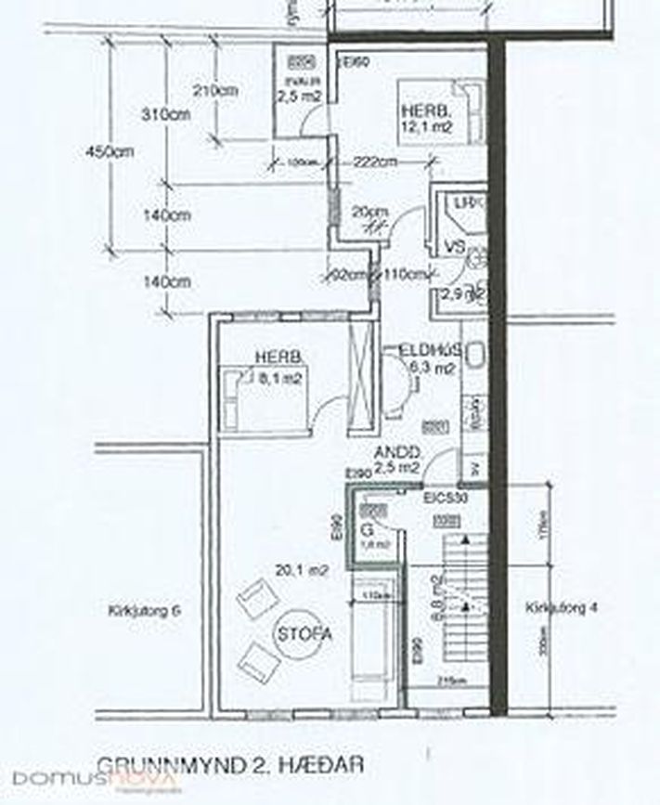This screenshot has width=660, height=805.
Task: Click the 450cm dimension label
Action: tap(105, 151)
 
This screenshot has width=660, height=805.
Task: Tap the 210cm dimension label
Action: tap(215, 91)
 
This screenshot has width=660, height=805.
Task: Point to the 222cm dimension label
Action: tap(375, 162)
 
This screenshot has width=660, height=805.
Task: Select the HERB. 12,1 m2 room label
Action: tap(426, 119)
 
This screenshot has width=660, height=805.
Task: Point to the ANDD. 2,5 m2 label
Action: tap(397, 460)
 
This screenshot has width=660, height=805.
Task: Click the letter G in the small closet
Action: tap(368, 531)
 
